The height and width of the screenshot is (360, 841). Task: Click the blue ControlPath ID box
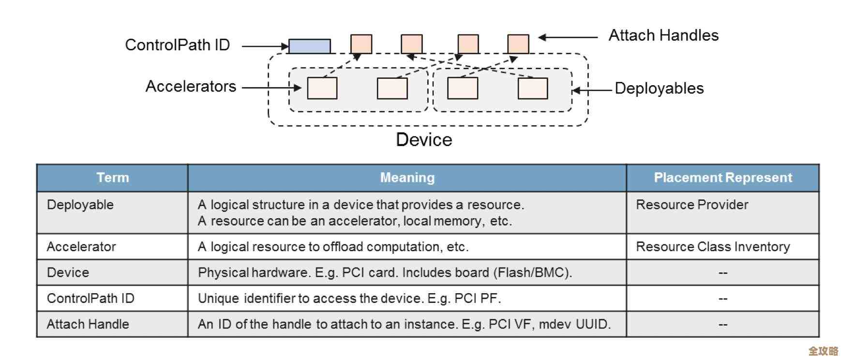310,46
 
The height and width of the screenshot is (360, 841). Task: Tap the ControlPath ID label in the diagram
177,45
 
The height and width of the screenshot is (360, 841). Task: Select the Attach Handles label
663,35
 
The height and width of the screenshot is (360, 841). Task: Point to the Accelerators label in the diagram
191,87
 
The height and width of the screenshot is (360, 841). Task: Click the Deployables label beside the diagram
659,89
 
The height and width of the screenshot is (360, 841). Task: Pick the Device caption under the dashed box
424,140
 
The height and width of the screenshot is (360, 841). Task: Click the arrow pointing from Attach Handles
568,37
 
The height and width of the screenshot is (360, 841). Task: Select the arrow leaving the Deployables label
592,90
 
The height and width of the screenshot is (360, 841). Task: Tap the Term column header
113,178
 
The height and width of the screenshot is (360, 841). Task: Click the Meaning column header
407,178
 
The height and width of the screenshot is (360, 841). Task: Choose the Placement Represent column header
722,178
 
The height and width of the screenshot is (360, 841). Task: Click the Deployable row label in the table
80,205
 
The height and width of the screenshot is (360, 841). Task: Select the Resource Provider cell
692,205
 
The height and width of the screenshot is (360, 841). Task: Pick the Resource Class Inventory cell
713,247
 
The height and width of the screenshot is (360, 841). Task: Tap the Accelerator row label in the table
81,247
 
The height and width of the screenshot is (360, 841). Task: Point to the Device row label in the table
68,272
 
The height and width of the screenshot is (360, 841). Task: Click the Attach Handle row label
88,324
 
